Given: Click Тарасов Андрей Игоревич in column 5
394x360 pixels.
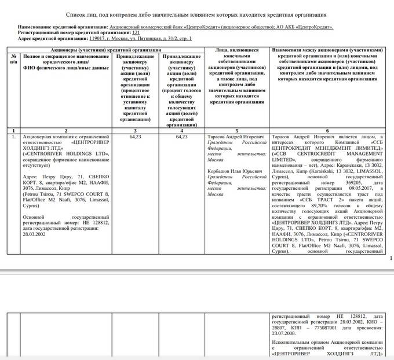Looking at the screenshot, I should (236, 137).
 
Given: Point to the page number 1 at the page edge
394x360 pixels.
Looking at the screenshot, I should (391, 258).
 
